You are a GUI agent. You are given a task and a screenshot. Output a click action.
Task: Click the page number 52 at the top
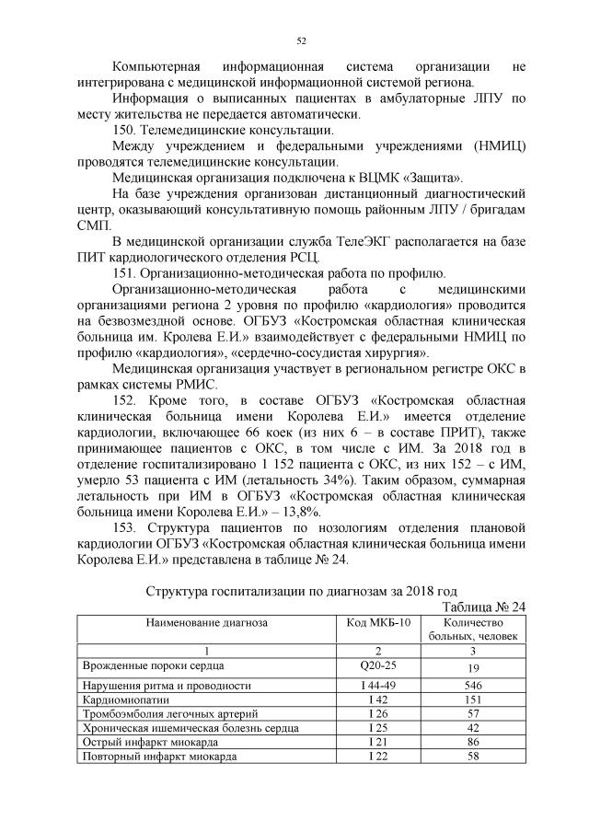(301, 40)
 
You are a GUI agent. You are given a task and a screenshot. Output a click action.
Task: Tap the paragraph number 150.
(123, 131)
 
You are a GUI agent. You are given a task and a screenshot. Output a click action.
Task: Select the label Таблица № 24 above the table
(483, 606)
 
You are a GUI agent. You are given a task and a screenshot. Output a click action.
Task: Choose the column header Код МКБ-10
(377, 622)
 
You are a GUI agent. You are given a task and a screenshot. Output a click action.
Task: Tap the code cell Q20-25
(377, 664)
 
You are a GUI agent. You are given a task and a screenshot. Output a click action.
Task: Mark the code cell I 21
(377, 741)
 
